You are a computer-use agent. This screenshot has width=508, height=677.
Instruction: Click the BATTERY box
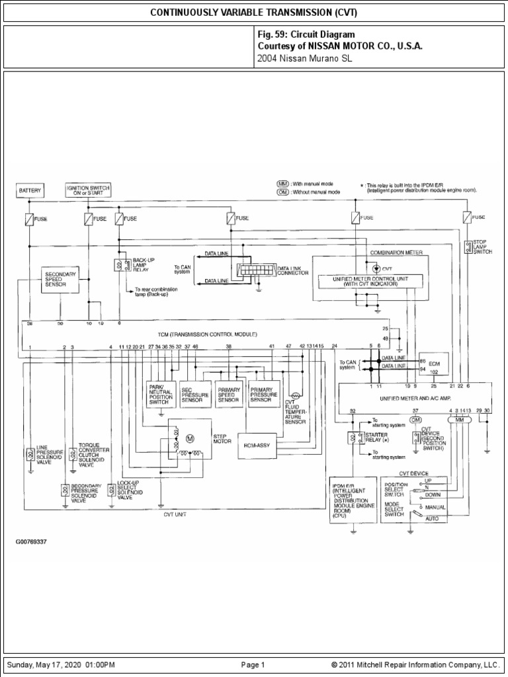pos(29,191)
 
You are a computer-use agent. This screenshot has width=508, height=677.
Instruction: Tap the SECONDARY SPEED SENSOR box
pos(60,278)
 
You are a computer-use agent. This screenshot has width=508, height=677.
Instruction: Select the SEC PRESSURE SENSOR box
pos(195,393)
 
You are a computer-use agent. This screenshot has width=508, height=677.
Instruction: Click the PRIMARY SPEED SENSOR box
pos(229,393)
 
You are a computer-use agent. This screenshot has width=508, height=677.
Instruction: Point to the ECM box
pos(433,364)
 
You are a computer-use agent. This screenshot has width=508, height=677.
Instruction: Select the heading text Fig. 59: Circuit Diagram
pos(306,34)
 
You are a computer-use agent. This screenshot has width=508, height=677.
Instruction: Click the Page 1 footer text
pos(253,664)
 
